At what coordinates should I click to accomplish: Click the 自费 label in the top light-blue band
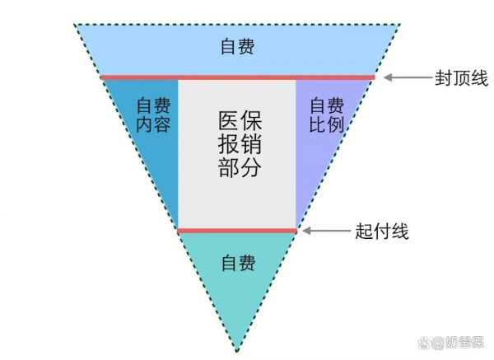pos(238,47)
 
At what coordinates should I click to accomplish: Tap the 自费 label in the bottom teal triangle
pos(238,263)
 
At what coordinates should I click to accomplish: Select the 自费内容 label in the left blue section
pos(153,115)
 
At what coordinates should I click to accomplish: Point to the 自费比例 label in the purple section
pos(327,115)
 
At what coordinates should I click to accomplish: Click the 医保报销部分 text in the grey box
pos(240,144)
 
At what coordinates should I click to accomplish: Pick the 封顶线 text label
pos(462,78)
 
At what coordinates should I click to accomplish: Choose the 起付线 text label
pos(382,231)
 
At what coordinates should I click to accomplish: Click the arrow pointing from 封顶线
pos(408,77)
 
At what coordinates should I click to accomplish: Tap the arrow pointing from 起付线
pos(327,231)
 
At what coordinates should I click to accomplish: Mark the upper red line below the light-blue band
pos(238,77)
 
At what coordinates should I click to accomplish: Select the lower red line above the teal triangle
pos(237,231)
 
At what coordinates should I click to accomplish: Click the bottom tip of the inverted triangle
pos(237,352)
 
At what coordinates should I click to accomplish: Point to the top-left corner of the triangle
pos(74,24)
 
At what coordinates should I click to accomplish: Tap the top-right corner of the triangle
pos(400,24)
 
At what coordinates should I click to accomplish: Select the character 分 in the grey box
pos(251,167)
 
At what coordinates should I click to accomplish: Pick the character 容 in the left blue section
pos(162,124)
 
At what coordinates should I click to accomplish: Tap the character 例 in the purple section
pos(336,124)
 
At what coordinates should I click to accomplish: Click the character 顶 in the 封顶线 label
pos(462,78)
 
